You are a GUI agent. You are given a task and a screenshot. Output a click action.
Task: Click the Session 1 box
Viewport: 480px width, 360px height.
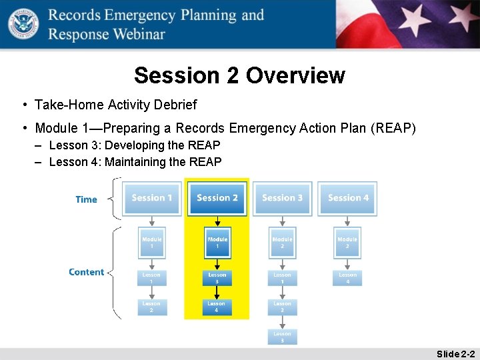click(152, 199)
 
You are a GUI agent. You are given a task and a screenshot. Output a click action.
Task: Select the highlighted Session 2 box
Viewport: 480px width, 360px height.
click(217, 199)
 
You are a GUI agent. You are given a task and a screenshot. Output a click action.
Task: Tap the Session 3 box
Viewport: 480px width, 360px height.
click(282, 199)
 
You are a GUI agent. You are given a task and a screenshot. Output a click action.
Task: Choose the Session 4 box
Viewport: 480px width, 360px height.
click(347, 199)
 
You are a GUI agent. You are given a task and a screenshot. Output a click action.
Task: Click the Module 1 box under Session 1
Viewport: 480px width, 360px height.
click(152, 243)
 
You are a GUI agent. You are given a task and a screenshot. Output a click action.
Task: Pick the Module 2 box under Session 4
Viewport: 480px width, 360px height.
click(347, 243)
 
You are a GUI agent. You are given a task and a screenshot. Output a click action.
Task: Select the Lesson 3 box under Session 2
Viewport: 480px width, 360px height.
click(217, 278)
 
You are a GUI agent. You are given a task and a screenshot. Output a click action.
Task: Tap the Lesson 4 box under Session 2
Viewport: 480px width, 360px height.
click(217, 307)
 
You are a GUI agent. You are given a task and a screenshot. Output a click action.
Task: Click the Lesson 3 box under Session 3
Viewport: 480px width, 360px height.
click(282, 337)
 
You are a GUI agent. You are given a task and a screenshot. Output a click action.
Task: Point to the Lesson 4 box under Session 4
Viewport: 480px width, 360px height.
click(347, 278)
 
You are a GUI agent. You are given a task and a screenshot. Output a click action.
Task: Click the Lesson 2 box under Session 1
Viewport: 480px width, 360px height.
click(152, 307)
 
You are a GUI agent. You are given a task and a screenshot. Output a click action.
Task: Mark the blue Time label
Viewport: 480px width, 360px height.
click(87, 199)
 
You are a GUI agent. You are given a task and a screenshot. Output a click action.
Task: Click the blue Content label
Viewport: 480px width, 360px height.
click(87, 272)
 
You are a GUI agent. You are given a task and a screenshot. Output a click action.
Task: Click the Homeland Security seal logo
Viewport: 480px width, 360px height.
click(23, 23)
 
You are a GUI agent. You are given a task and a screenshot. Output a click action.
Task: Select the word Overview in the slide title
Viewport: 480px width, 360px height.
click(295, 75)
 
